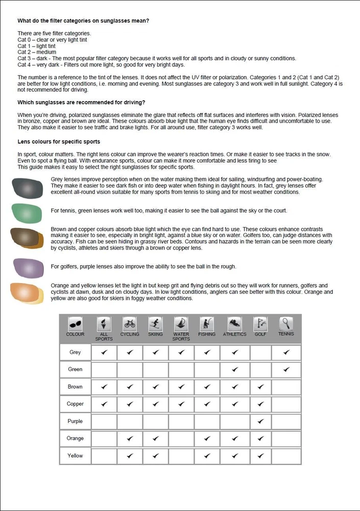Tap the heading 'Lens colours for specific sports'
59,141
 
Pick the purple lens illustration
29,267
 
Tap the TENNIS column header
286,327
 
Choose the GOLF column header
260,327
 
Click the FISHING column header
207,327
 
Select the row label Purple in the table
75,421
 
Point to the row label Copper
75,404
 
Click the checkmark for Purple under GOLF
261,421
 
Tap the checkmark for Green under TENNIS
286,369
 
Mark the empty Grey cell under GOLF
261,352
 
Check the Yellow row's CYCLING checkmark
130,455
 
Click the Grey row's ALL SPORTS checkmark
104,352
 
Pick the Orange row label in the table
75,438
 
